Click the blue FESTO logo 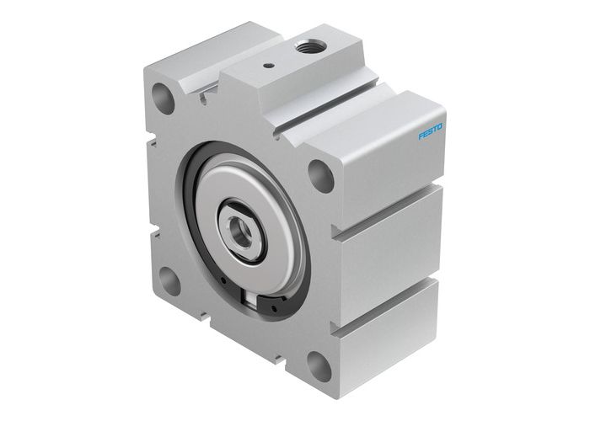[431, 130]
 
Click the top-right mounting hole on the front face [320, 175]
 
